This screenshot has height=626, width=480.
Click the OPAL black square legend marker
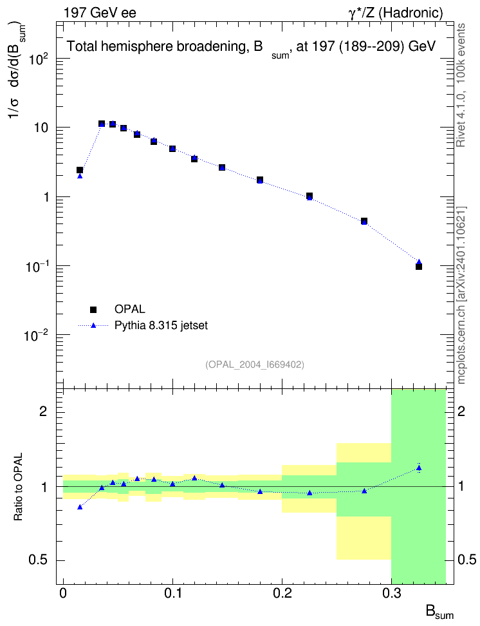[x=93, y=309]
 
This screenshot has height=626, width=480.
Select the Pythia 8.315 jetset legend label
[x=161, y=325]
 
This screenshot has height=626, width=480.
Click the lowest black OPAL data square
[x=419, y=266]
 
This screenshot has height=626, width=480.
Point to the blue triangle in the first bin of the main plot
[x=80, y=176]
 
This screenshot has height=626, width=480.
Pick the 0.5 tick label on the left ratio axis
[x=38, y=560]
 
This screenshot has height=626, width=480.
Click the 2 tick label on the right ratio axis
[x=461, y=412]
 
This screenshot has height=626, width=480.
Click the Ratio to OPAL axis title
[x=18, y=486]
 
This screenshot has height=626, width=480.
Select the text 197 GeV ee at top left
[x=100, y=13]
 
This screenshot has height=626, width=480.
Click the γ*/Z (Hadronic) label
[x=396, y=13]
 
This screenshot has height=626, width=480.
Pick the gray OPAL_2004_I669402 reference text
[x=255, y=365]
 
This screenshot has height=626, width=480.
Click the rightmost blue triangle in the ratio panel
[x=419, y=468]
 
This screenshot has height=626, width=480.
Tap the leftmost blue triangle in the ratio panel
[x=80, y=507]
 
